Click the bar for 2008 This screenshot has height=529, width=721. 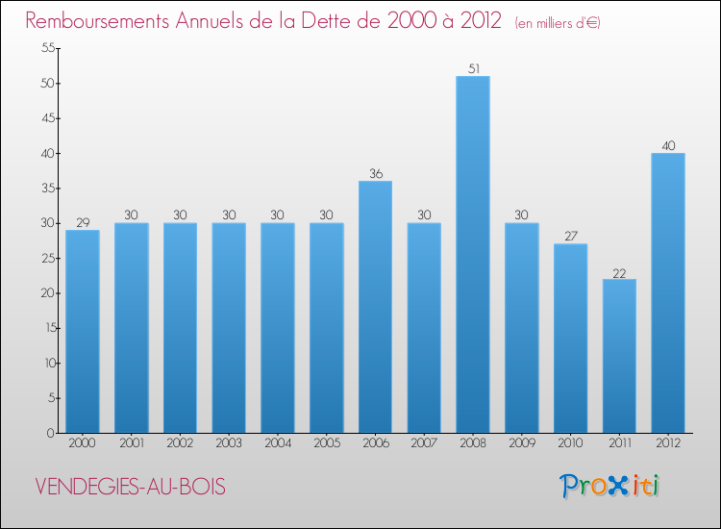click(473, 255)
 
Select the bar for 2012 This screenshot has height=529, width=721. click(668, 293)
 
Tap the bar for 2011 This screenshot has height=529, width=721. click(619, 356)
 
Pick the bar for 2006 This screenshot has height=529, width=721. click(375, 307)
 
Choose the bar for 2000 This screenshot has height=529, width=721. click(83, 332)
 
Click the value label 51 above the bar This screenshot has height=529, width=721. click(473, 68)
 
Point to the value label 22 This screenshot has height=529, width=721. click(619, 271)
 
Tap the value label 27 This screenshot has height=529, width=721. click(570, 237)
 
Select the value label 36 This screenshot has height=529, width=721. click(375, 173)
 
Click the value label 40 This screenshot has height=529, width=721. click(668, 145)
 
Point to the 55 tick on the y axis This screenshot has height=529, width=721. click(44, 48)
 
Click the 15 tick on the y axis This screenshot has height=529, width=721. click(44, 328)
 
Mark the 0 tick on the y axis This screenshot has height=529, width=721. click(48, 433)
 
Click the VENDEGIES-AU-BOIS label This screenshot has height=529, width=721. click(131, 487)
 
